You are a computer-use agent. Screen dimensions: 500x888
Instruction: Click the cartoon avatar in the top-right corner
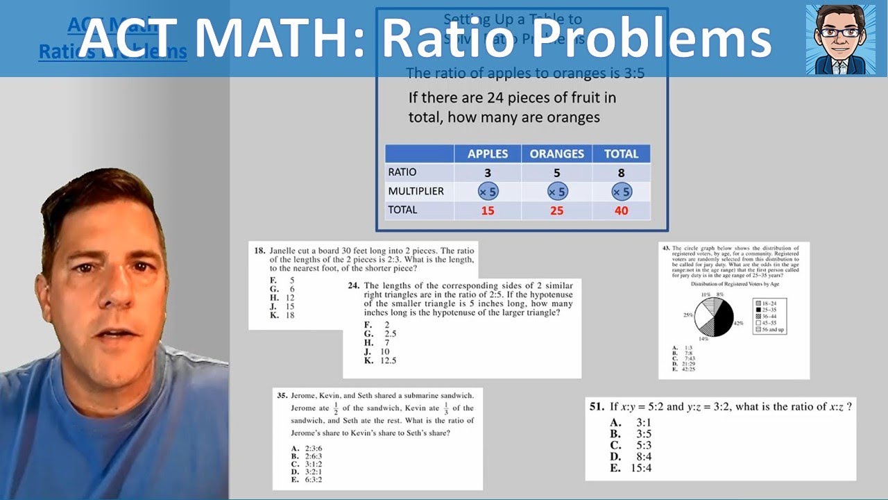click(840, 39)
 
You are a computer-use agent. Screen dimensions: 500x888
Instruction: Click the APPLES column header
click(488, 154)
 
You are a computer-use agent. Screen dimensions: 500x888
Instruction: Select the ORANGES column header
click(556, 154)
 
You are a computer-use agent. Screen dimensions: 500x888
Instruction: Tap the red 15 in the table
click(488, 210)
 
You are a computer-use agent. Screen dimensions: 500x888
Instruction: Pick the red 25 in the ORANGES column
click(556, 210)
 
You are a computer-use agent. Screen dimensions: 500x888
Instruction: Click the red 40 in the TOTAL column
click(621, 210)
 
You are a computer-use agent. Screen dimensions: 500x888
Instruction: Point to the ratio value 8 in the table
click(621, 173)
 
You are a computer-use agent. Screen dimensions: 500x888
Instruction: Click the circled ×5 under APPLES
click(488, 192)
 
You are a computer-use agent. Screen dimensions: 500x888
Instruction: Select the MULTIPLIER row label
click(416, 191)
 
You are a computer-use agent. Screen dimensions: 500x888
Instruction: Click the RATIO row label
click(402, 172)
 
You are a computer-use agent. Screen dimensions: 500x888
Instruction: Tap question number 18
click(259, 251)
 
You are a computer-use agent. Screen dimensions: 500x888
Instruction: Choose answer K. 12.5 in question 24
click(379, 360)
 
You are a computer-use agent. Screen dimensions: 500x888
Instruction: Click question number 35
click(282, 396)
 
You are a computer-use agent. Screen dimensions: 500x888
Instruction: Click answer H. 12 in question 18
click(282, 297)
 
